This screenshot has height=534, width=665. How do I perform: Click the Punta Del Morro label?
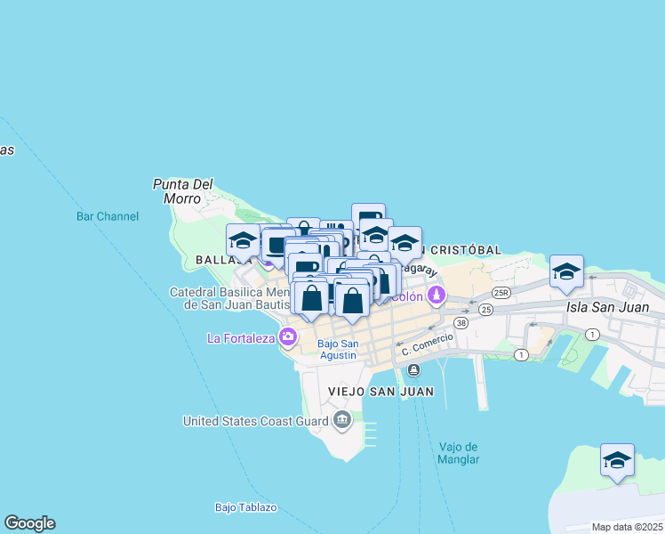pos(182,191)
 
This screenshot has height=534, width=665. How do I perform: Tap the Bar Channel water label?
pos(108,216)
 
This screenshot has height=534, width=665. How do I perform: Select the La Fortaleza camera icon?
pos(287,336)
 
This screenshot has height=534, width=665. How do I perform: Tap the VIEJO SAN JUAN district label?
pos(381,392)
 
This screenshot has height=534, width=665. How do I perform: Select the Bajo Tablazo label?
pos(245,507)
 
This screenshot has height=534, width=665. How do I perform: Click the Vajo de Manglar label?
pos(459,453)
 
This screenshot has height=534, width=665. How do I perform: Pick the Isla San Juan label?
pos(614,308)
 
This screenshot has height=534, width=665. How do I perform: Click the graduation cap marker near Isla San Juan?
pos(566,272)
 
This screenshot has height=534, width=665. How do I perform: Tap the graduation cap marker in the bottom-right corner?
pos(617,461)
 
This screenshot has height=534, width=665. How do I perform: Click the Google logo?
pos(29,523)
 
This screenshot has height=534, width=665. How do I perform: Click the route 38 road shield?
pos(461,322)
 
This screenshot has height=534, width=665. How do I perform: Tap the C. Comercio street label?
pos(427,344)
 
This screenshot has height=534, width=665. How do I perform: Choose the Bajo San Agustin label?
pos(338,350)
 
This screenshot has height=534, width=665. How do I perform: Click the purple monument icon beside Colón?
pos(436,295)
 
